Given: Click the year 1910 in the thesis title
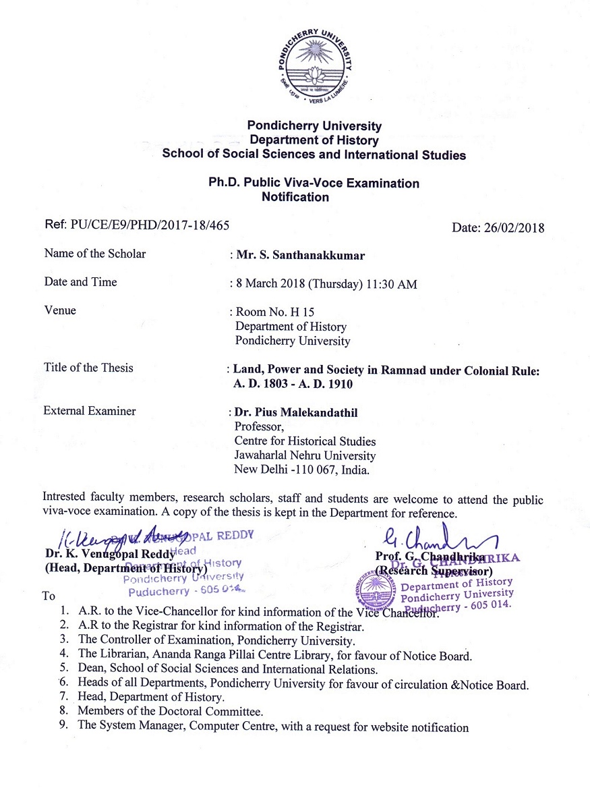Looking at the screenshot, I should [x=338, y=385].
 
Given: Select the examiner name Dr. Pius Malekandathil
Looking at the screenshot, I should [x=297, y=412].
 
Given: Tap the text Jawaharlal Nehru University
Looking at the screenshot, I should [x=304, y=455].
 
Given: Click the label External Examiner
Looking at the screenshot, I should [x=90, y=411].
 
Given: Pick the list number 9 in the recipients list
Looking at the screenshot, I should [x=63, y=727].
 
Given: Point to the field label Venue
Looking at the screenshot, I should [x=60, y=311].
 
